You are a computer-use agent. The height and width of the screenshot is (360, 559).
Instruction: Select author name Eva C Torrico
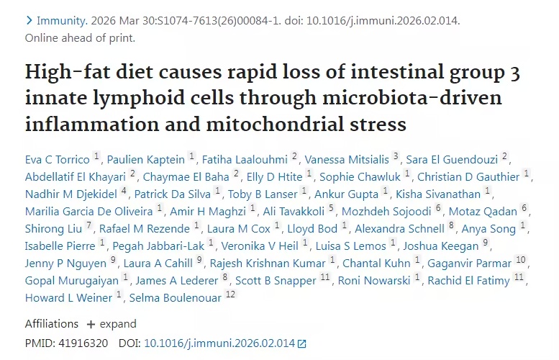coord(58,158)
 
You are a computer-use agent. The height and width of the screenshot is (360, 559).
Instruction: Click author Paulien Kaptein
coord(149,158)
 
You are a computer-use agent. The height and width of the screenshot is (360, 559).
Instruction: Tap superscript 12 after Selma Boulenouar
coord(229,294)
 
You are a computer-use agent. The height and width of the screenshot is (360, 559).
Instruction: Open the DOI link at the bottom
coord(219,343)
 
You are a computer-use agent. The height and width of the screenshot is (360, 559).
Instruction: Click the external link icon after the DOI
coord(302,344)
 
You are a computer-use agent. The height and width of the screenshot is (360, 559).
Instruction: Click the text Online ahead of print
coord(79,37)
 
